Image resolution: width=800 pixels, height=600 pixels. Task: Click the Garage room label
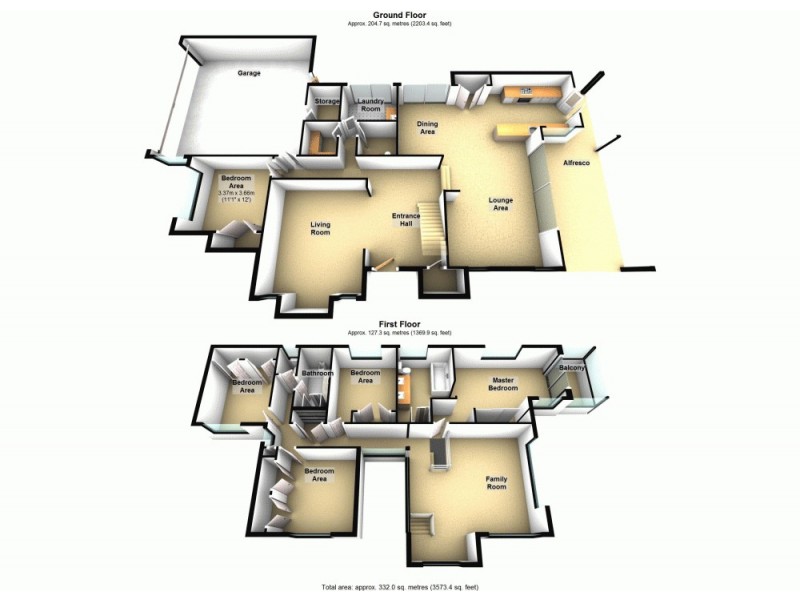click(x=249, y=74)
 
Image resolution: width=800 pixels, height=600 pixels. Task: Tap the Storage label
click(x=327, y=102)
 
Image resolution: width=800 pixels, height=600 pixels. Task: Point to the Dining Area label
click(x=427, y=127)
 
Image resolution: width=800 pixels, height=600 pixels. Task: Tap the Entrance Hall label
click(x=405, y=221)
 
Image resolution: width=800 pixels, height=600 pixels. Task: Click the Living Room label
click(x=320, y=229)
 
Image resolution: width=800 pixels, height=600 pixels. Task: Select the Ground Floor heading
click(x=399, y=15)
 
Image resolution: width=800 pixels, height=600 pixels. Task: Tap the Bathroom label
click(x=317, y=374)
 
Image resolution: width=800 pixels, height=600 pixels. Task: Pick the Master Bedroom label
click(x=503, y=384)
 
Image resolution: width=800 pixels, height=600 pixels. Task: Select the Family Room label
click(x=496, y=483)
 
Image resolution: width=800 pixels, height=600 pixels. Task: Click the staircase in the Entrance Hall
click(x=429, y=228)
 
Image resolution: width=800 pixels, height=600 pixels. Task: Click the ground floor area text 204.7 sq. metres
click(x=399, y=23)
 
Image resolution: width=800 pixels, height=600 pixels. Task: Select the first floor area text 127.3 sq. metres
click(x=399, y=332)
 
